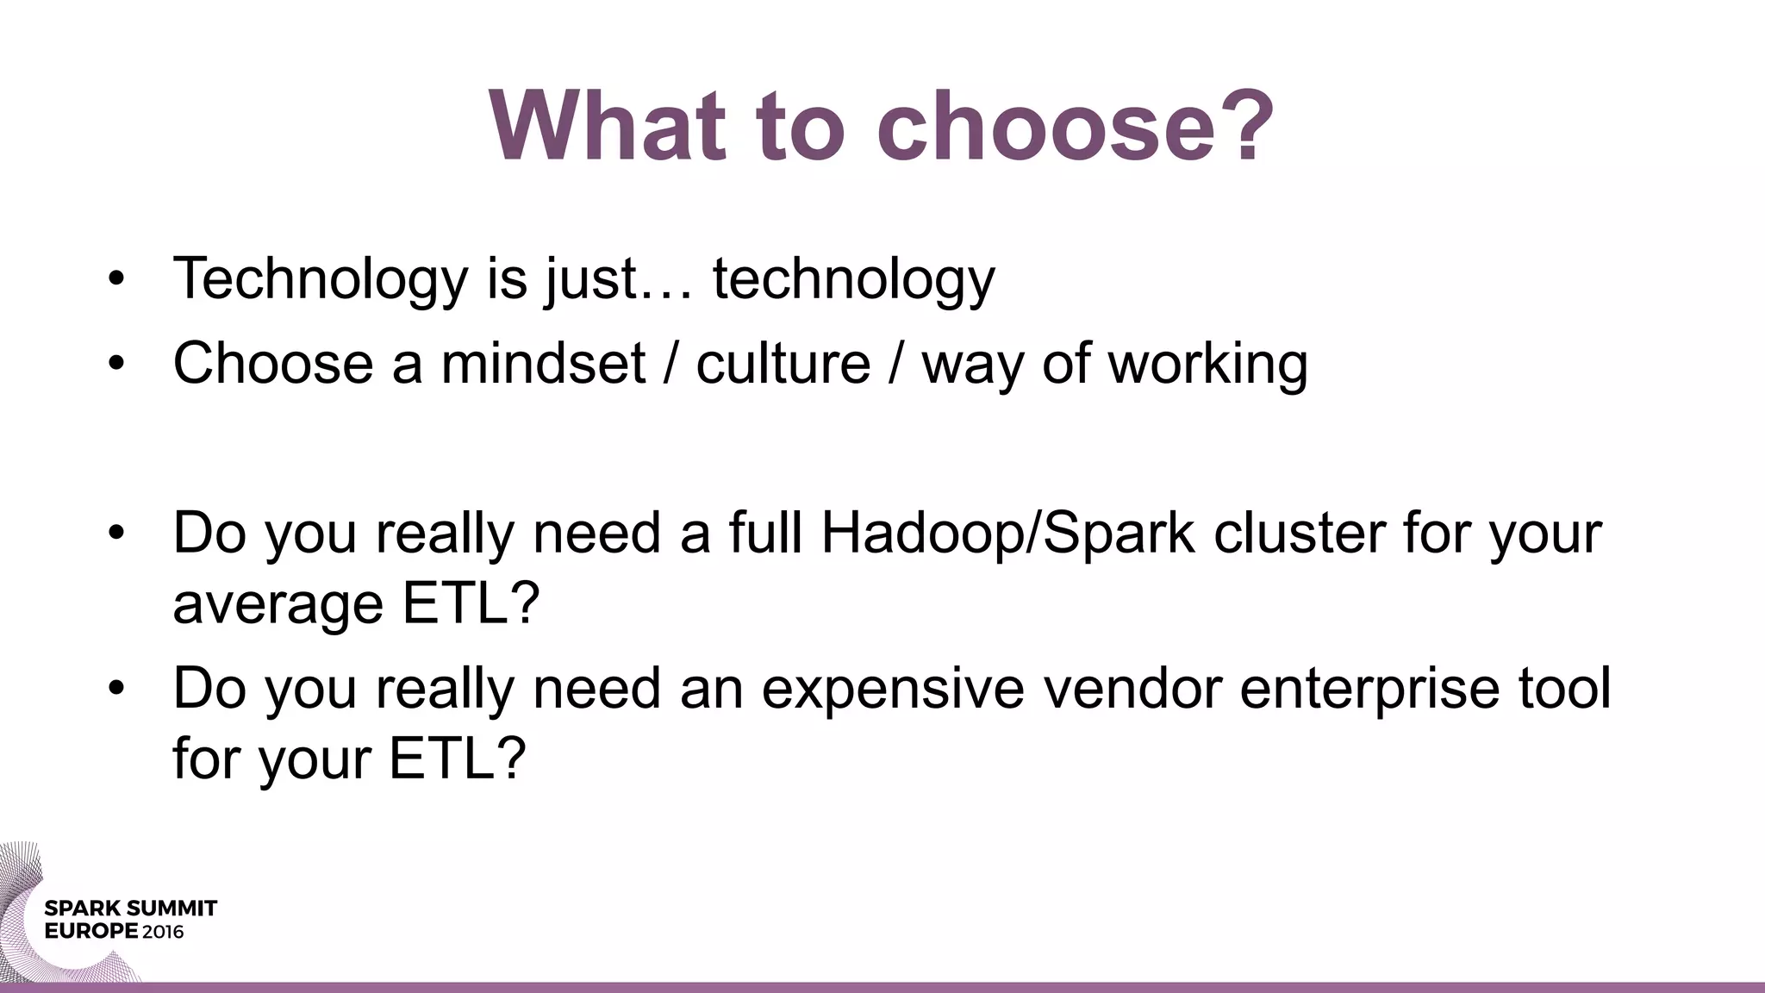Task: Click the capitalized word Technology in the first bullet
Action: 320,278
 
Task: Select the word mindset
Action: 543,363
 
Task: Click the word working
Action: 1207,363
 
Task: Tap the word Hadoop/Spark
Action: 1007,534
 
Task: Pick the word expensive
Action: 893,690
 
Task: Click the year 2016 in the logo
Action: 163,932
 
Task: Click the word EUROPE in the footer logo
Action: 90,932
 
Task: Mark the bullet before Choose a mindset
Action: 117,364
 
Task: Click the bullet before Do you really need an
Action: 117,689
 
